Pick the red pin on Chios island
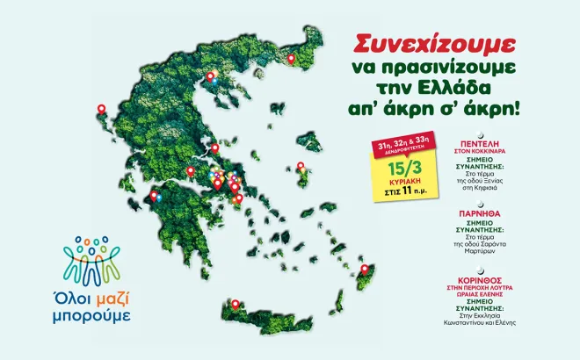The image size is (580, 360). [x=301, y=165]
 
